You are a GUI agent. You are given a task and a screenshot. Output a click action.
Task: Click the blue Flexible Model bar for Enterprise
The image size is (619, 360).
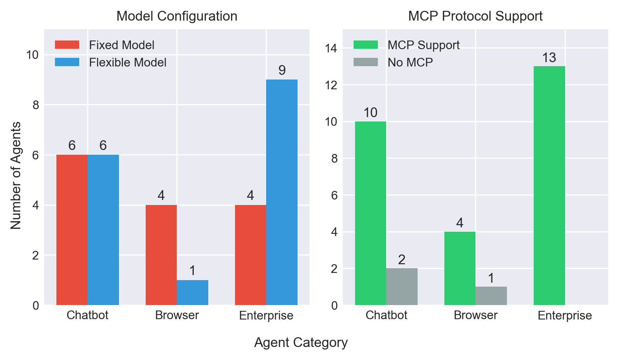click(282, 192)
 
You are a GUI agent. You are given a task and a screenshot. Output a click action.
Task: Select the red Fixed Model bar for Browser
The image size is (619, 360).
click(161, 255)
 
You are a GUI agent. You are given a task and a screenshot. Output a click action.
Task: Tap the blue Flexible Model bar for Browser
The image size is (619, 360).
click(192, 292)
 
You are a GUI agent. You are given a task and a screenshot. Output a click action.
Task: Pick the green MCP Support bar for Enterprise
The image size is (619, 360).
click(549, 185)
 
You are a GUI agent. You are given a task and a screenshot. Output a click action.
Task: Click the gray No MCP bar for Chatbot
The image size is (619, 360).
click(402, 287)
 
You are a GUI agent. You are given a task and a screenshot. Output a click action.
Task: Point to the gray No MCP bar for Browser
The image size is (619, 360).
click(491, 296)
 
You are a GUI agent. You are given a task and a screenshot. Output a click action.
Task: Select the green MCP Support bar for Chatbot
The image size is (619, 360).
click(371, 213)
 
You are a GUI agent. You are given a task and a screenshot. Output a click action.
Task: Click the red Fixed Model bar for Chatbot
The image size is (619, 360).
click(72, 230)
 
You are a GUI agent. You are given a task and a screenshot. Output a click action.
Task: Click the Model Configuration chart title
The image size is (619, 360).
click(177, 16)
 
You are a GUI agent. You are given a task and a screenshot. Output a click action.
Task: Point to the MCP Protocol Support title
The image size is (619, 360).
click(475, 16)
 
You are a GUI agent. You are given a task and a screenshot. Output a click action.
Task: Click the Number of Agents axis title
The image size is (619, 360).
click(16, 176)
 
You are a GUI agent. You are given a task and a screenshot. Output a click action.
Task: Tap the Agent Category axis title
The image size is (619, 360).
click(301, 343)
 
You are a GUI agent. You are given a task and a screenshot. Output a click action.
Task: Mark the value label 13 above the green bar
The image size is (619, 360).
click(549, 58)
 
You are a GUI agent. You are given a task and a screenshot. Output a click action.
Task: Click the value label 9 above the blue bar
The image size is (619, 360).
click(282, 70)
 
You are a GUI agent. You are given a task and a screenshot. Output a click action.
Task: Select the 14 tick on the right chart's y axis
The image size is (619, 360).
click(332, 48)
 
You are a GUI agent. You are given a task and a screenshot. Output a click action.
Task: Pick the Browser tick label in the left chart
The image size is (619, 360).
click(177, 316)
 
